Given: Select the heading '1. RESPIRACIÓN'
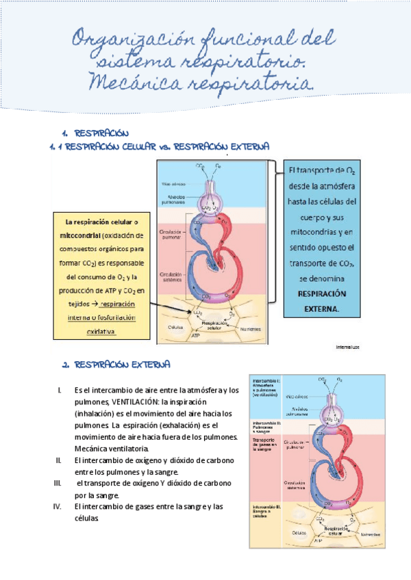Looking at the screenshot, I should [x=96, y=133].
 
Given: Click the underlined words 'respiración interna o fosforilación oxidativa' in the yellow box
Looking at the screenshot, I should [x=101, y=317].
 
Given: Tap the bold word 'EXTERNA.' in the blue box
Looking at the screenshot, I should [x=316, y=308].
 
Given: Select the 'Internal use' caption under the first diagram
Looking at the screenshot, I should [x=348, y=347].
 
